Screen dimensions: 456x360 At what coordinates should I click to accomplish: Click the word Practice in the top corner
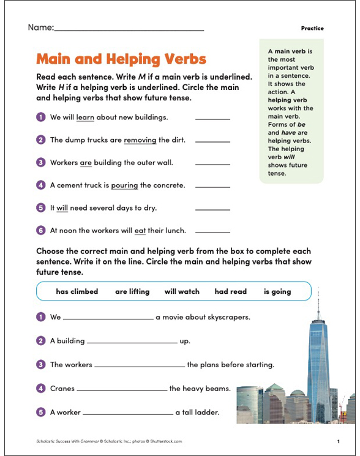coord(312,29)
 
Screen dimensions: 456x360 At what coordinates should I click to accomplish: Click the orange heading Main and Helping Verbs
coord(121,59)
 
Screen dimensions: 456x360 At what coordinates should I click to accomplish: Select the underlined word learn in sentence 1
coord(84,117)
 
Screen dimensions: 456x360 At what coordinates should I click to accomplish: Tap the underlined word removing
coord(140,140)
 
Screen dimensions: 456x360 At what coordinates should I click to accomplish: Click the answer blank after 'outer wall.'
coord(212,163)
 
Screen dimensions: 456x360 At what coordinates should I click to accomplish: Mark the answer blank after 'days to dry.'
coord(212,209)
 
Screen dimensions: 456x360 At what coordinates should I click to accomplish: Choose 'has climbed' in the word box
coord(77,291)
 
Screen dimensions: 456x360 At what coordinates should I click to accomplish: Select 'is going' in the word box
coord(277,291)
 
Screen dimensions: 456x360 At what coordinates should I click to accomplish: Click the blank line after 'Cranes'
coord(122,389)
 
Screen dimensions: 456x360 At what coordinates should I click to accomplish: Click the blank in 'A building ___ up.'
coord(132,342)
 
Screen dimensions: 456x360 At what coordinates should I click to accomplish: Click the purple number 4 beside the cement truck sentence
coord(41,185)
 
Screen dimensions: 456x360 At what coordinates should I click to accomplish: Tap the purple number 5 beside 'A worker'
coord(41,412)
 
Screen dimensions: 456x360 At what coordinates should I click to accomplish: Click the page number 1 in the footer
coord(338,441)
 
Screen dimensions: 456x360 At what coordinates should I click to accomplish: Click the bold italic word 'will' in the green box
coord(290,156)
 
